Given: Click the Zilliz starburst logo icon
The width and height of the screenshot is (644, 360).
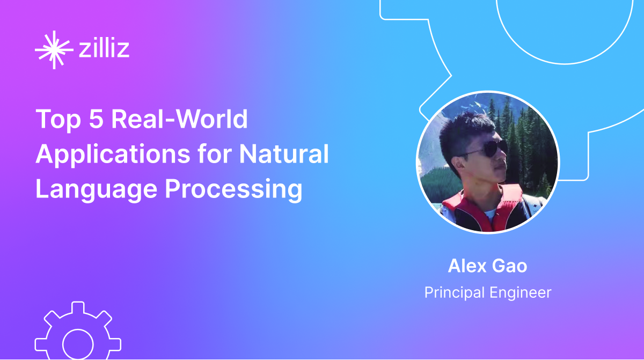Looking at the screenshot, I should point(54,50).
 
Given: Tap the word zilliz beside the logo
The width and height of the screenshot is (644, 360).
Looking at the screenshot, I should point(104,50).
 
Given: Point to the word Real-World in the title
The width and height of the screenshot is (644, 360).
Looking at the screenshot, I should point(179,120).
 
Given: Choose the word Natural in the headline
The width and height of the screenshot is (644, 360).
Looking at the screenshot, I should point(284,155).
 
